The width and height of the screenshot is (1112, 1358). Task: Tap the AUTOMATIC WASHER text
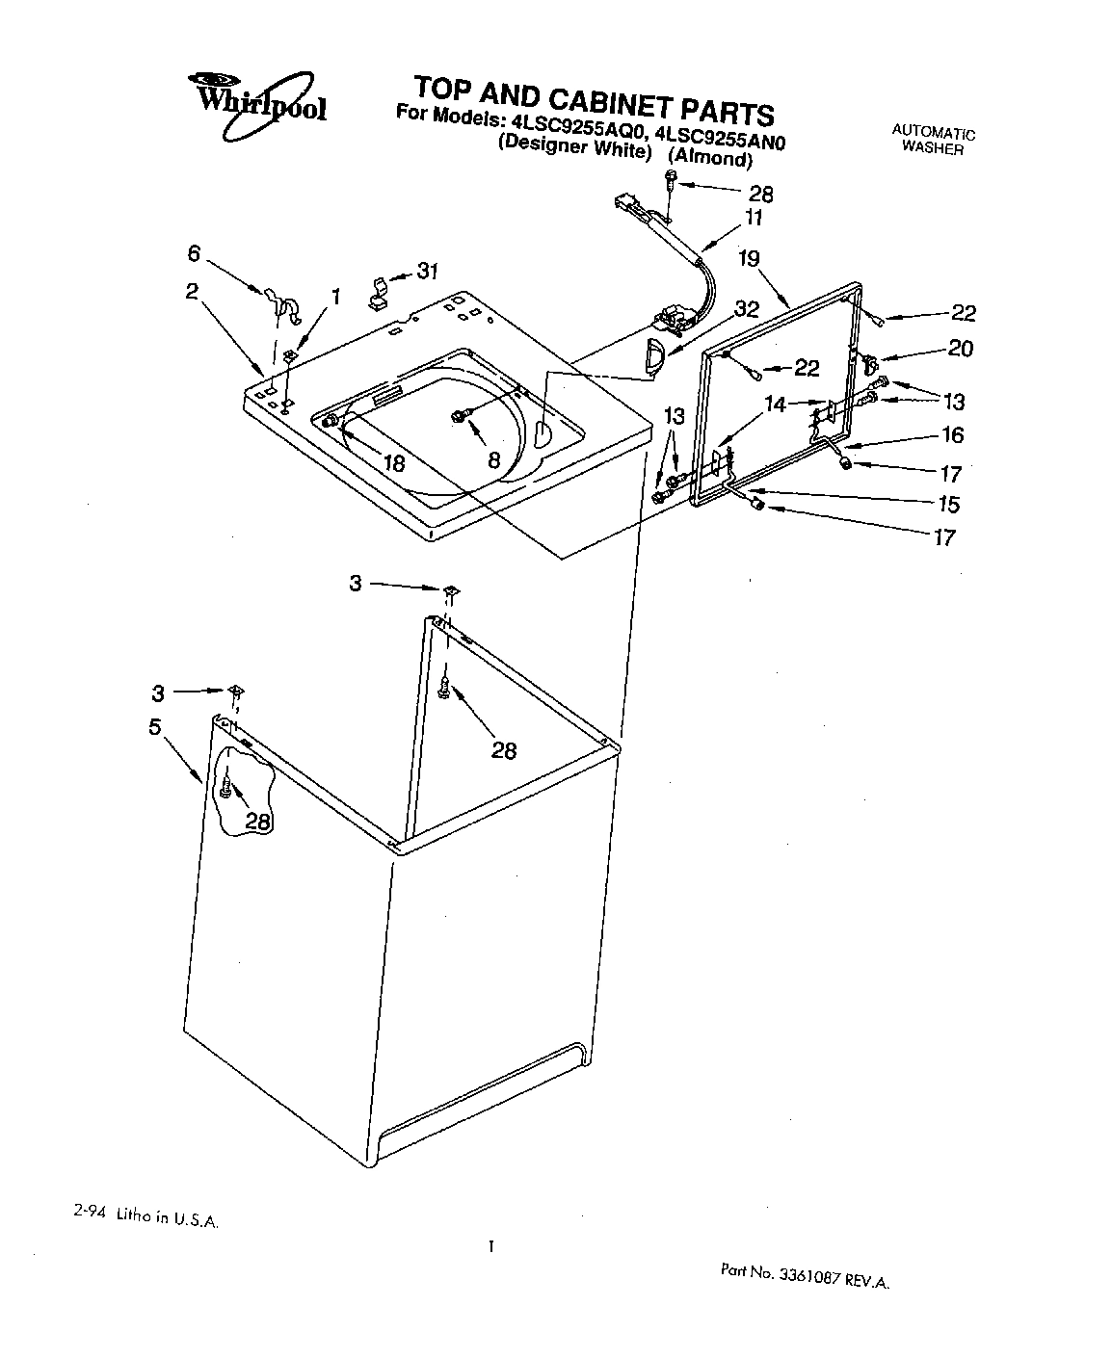(932, 141)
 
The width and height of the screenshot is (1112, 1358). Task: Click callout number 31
(426, 272)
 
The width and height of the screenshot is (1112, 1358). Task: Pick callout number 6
(194, 252)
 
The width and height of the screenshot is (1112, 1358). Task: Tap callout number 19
(750, 258)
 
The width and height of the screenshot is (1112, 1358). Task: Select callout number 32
(746, 309)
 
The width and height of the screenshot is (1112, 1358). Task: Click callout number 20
(960, 349)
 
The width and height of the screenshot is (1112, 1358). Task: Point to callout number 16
(952, 435)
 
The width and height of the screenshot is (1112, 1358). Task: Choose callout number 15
(948, 504)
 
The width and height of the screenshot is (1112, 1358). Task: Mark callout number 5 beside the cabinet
(155, 727)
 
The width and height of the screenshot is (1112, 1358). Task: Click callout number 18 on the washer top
(393, 462)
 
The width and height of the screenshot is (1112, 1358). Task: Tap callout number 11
(753, 218)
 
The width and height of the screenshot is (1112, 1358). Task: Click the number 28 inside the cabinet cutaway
(257, 820)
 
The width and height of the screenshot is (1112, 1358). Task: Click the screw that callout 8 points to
(458, 415)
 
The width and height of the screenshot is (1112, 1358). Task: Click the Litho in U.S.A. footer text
(146, 1217)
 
